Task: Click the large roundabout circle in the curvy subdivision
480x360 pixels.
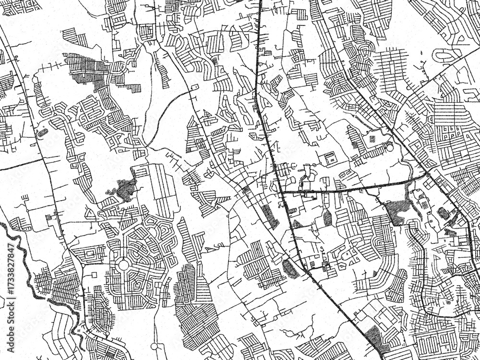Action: [x=123, y=264]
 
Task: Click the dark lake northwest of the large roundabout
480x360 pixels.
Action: [x=125, y=190]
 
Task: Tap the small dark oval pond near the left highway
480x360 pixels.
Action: [x=43, y=132]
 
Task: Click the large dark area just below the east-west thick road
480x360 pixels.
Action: [x=397, y=211]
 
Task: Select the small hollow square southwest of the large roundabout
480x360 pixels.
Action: [x=95, y=276]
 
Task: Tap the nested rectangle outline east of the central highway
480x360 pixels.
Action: [x=330, y=158]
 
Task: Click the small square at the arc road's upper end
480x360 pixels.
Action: [x=194, y=87]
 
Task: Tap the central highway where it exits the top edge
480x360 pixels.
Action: [x=260, y=2]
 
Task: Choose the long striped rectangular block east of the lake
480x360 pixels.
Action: [x=158, y=187]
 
